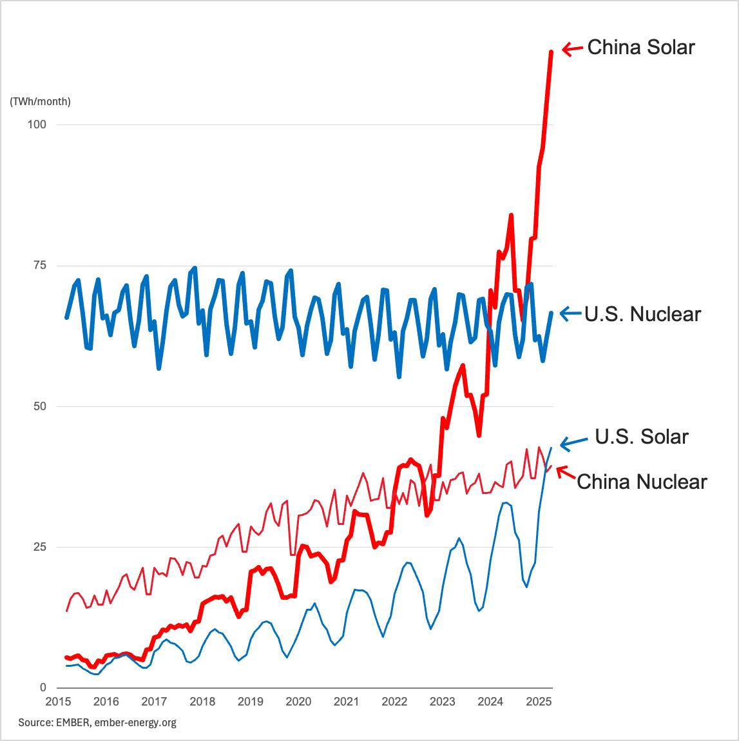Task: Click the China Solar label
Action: point(641,47)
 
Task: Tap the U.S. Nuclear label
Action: point(642,314)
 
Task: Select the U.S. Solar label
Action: point(642,437)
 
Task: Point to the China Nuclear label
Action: point(642,482)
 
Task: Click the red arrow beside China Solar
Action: point(572,48)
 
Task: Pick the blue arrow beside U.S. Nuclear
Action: point(570,313)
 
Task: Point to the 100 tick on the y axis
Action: point(37,124)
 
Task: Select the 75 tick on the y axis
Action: point(40,265)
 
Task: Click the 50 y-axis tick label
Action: point(40,406)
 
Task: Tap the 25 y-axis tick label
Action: point(40,547)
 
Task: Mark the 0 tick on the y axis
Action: point(43,687)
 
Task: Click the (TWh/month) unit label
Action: point(40,102)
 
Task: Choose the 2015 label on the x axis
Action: point(58,702)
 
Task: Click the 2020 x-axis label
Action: point(298,702)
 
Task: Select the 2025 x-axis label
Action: point(539,702)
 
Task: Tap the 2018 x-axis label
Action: point(202,702)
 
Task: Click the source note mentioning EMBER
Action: point(97,722)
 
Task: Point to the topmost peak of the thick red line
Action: point(551,51)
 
